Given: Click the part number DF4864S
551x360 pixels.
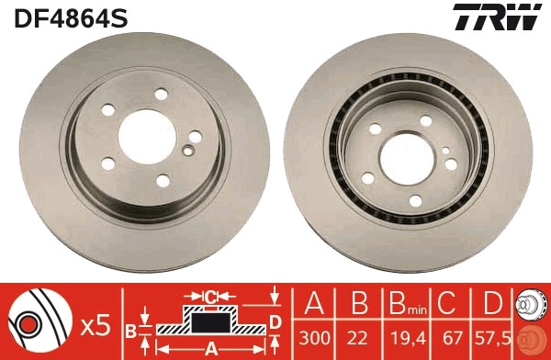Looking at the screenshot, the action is [71, 18].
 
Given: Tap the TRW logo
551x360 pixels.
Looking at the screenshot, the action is [497, 17].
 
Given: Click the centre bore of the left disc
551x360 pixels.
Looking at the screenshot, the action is [147, 137].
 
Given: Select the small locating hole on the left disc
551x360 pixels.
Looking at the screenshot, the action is [188, 151].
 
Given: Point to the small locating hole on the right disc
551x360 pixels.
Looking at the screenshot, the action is [445, 151].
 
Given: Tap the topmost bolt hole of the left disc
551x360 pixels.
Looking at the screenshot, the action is [161, 95].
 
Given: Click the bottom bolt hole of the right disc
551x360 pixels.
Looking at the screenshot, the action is [415, 201].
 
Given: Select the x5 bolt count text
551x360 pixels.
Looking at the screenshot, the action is [96, 326].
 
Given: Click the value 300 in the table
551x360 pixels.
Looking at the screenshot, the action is [314, 338].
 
